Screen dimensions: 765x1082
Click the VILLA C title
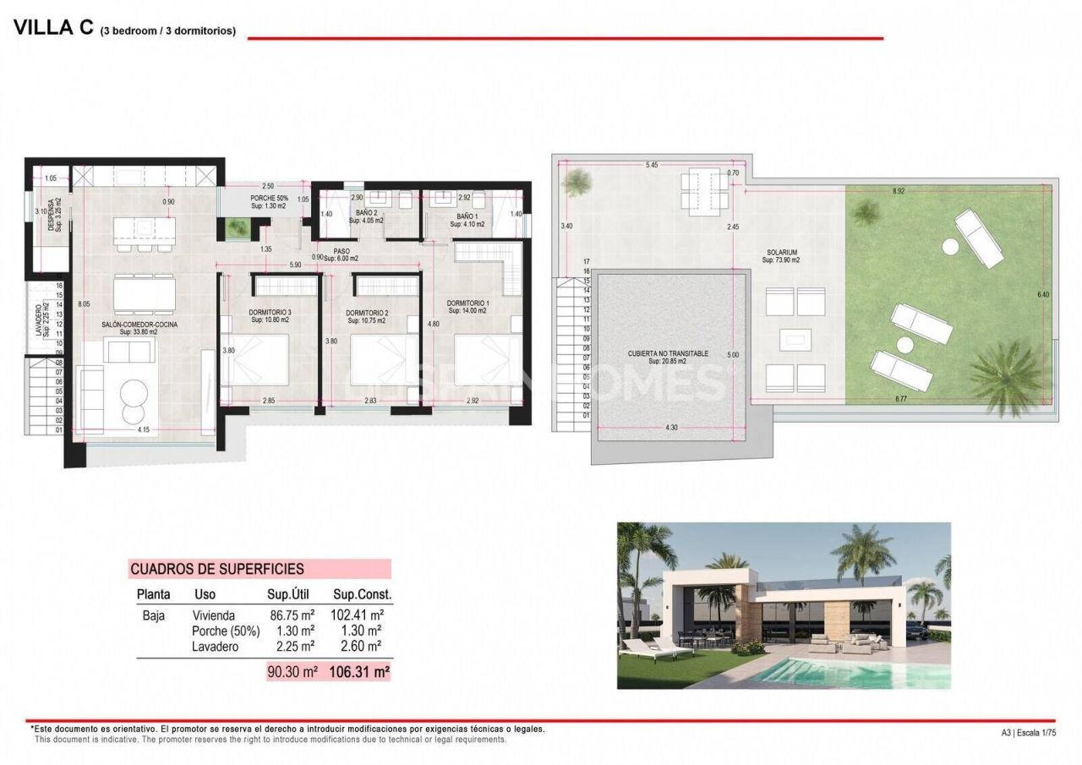(52, 27)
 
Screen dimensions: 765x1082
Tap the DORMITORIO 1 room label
(467, 303)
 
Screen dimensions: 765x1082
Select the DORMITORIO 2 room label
(367, 313)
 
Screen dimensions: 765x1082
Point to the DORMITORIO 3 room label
(270, 313)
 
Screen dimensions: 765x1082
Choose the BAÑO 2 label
(366, 212)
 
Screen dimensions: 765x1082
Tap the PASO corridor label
(342, 251)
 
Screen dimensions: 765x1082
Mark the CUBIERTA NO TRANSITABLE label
(668, 353)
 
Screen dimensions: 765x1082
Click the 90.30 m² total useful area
(292, 672)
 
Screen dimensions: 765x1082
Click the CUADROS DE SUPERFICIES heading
(217, 569)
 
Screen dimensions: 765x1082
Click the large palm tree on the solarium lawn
(1006, 376)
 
